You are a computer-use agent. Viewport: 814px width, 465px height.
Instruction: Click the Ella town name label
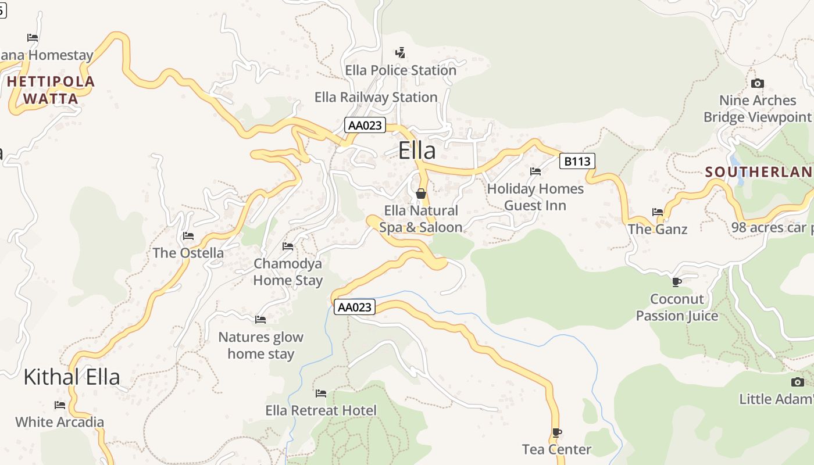[x=417, y=151]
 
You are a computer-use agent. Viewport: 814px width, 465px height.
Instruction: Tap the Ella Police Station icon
[x=400, y=53]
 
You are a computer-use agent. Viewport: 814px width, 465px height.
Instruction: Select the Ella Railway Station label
[x=376, y=97]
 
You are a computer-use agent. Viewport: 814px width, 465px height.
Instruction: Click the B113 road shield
[x=577, y=161]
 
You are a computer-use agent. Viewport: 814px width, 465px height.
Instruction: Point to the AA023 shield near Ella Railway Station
[x=365, y=125]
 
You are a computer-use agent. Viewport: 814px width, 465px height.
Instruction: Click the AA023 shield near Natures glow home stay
[x=354, y=307]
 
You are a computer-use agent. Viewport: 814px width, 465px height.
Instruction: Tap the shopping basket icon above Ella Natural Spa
[x=421, y=194]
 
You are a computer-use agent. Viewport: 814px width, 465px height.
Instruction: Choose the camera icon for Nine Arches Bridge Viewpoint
[x=757, y=84]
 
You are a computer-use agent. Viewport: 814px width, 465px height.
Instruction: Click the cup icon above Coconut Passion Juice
[x=676, y=282]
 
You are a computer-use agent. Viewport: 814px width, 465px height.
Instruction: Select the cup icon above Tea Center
[x=556, y=432]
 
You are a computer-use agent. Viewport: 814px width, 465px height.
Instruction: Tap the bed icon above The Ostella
[x=188, y=236]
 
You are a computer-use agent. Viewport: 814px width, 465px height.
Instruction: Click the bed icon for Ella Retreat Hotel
[x=320, y=394]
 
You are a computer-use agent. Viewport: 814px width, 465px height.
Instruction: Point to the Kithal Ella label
[x=72, y=377]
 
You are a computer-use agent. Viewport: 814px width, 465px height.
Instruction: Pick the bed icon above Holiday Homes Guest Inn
[x=535, y=171]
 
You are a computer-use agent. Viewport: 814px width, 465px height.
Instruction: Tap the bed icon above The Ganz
[x=658, y=212]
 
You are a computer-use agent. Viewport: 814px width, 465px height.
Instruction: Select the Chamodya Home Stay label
[x=288, y=272]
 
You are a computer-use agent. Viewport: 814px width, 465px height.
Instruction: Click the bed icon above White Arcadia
[x=59, y=405]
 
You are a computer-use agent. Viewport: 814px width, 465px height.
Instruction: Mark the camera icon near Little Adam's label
[x=798, y=382]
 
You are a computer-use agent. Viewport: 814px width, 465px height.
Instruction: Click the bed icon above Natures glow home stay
[x=260, y=320]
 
